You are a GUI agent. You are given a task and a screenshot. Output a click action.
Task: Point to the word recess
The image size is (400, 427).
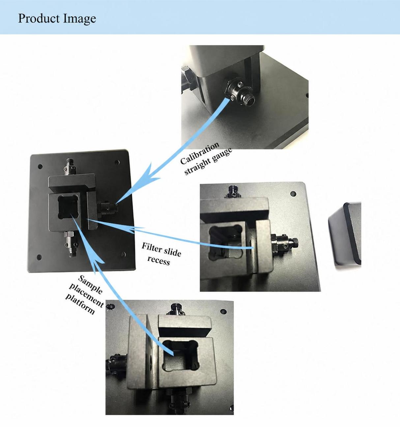click(x=158, y=261)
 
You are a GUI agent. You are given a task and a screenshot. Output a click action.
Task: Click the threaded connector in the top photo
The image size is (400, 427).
click(x=240, y=92)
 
